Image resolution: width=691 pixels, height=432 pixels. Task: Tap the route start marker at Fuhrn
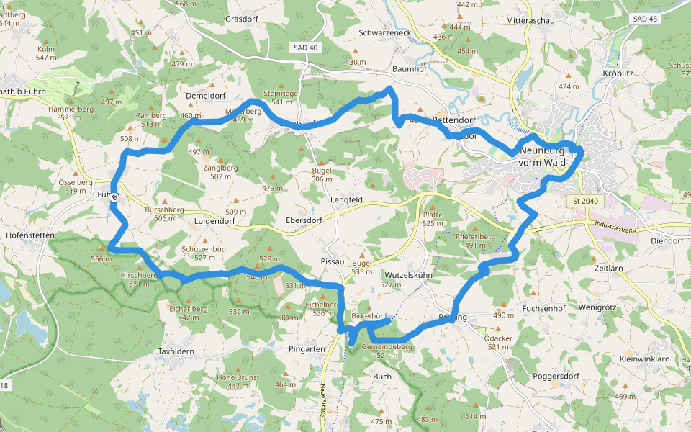(114, 195)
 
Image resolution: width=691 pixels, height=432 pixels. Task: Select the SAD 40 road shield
(305, 48)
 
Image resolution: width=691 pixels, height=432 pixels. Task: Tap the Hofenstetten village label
(30, 235)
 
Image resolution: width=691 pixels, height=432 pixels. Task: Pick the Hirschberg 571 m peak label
(139, 279)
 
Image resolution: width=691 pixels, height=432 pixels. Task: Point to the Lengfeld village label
(347, 199)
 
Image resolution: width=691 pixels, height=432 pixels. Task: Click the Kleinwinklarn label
(643, 358)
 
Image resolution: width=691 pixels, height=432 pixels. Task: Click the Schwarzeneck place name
(384, 33)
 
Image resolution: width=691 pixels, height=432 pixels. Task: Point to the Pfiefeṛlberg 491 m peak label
(475, 240)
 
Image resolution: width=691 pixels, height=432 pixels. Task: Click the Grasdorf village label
(242, 19)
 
